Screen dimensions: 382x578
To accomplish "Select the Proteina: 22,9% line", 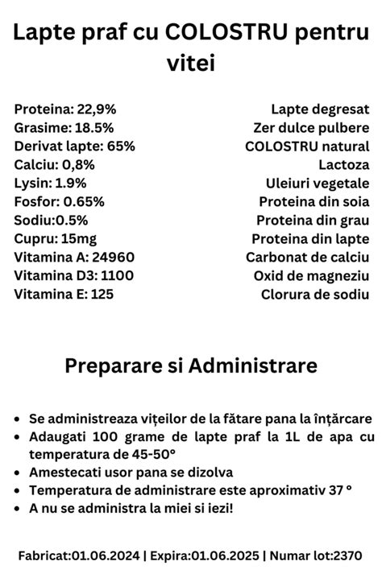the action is (54, 109).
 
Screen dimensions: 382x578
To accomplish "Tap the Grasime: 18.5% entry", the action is (52, 127).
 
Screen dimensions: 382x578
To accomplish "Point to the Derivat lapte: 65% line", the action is (74, 146).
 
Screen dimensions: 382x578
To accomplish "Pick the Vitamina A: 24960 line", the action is (74, 257).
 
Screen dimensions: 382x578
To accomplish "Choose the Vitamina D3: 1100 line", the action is (73, 275).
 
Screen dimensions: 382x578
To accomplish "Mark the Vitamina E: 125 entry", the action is (64, 294).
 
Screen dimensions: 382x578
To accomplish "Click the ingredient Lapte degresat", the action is (320, 109).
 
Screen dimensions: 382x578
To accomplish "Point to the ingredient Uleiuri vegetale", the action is (318, 183).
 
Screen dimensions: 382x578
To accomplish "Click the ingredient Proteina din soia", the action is (313, 201).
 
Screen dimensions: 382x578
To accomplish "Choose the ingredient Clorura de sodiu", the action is (315, 294).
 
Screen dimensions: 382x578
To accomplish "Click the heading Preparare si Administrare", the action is (191, 366).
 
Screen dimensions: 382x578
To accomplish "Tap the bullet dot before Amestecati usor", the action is (18, 473).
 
